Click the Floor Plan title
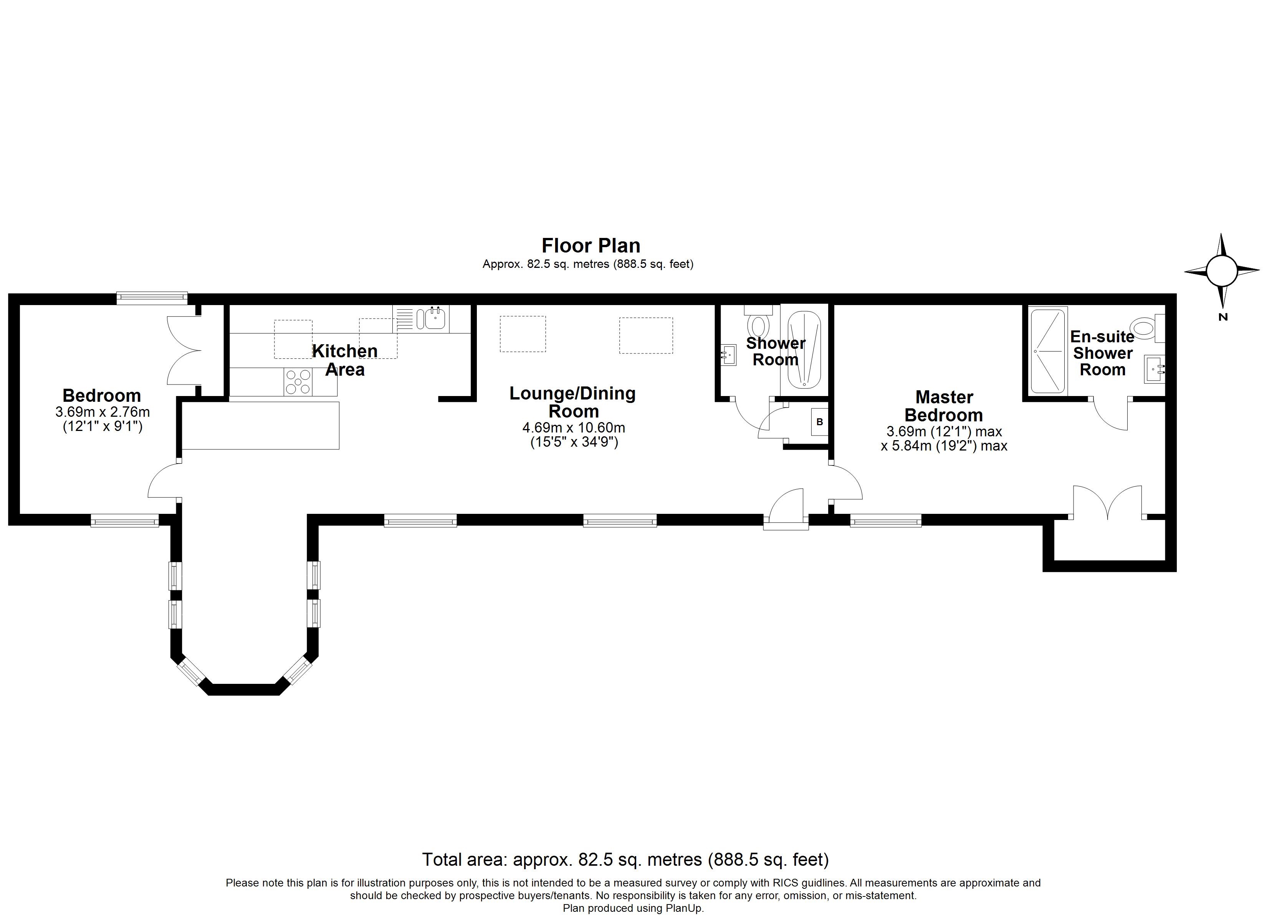590,246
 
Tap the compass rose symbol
1222,270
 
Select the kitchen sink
435,319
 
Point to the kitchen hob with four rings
298,382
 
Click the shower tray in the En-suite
1049,351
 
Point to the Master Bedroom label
944,406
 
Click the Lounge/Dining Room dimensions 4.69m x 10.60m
573,428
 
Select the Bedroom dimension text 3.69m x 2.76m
102,412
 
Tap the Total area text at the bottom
625,860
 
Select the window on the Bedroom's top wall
152,298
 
